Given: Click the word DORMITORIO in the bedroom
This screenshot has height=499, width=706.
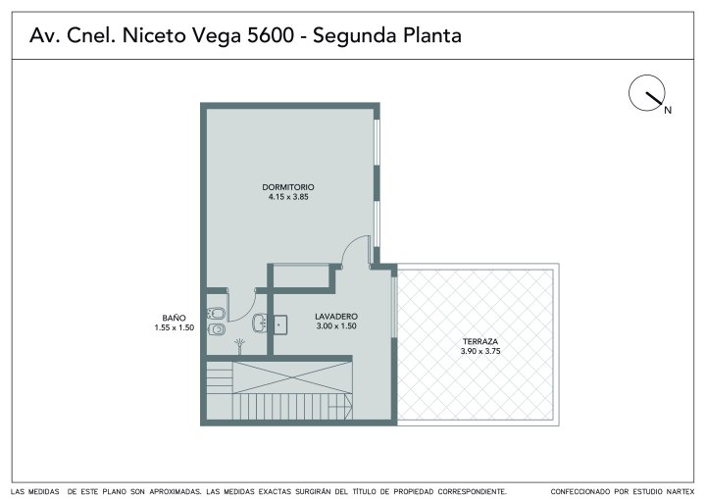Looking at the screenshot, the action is click(288, 187).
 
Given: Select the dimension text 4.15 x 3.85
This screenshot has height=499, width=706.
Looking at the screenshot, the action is click(288, 197).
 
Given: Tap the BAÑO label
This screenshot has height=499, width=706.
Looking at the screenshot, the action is click(175, 318).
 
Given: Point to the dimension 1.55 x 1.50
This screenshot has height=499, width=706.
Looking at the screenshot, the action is click(175, 327).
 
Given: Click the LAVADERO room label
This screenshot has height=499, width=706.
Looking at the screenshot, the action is click(336, 317).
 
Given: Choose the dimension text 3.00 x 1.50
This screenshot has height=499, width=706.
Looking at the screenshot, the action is click(336, 326).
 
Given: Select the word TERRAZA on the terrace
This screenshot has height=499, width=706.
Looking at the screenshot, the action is click(479, 342).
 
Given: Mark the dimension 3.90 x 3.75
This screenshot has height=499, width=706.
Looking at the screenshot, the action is click(480, 351).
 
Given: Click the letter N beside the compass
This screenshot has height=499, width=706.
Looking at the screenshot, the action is click(668, 110).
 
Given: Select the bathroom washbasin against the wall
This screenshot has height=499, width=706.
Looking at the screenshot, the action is click(259, 323).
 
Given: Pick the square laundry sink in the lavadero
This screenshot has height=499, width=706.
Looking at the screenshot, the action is click(280, 324).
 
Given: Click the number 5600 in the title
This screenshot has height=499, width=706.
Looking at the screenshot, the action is click(271, 35).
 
